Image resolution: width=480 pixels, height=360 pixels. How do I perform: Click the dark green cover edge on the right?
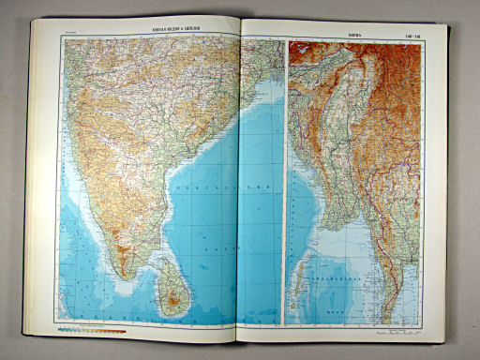click(x=450, y=187)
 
